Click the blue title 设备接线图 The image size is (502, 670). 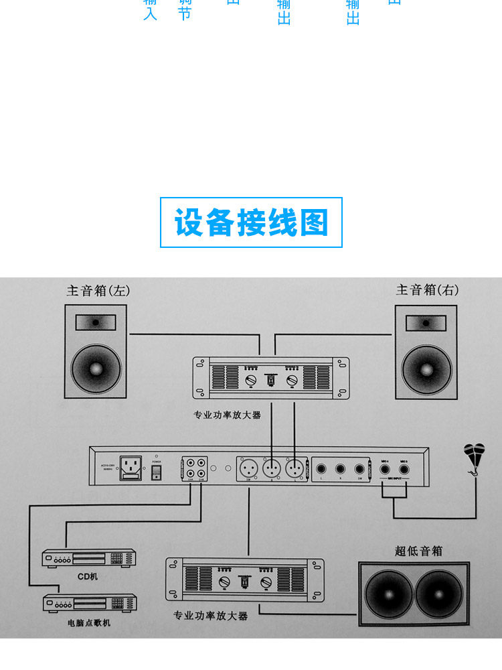click(251, 222)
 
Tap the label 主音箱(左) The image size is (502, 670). click(98, 291)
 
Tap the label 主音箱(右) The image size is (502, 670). click(427, 290)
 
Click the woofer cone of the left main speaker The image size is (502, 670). click(95, 368)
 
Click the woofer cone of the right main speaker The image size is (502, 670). click(426, 368)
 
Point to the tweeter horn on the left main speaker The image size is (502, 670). click(95, 322)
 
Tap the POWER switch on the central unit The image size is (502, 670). click(157, 472)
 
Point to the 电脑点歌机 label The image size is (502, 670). click(89, 623)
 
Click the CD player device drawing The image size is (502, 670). click(89, 558)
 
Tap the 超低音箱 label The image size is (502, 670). click(418, 551)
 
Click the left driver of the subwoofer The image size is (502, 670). click(388, 595)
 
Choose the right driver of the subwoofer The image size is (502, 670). click(438, 595)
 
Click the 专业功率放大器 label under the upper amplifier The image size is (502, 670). click(228, 415)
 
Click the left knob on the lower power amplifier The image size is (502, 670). click(226, 582)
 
